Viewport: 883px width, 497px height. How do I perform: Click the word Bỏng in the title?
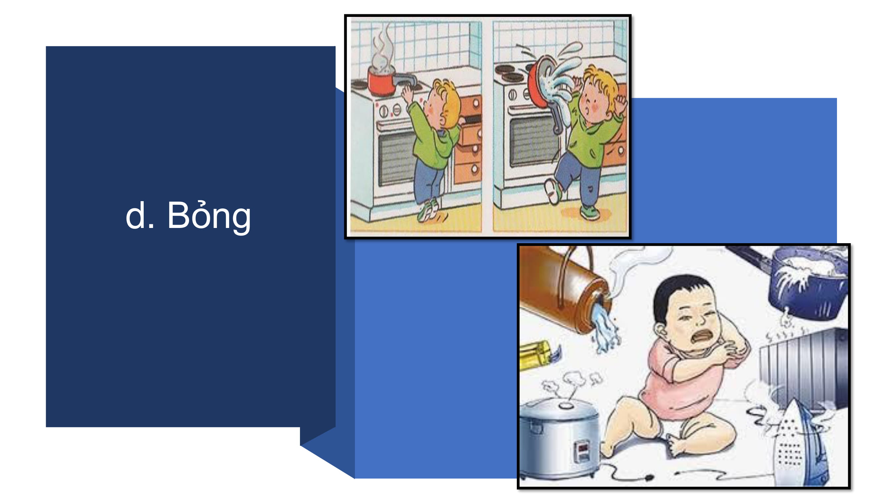pos(209,216)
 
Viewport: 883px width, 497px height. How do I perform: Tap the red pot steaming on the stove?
pos(381,81)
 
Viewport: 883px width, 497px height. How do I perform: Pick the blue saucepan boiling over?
pos(807,281)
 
